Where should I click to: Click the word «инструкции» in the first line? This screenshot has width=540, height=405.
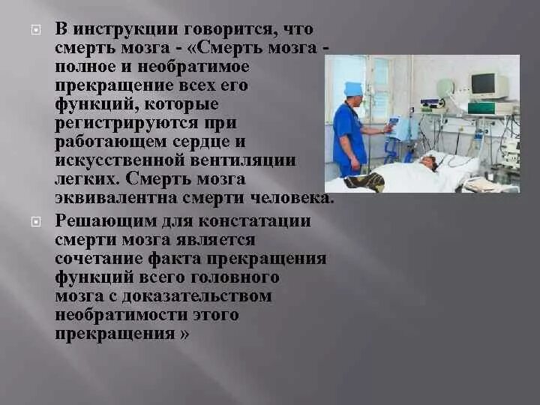[x=127, y=29]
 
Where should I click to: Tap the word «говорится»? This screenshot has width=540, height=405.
[x=237, y=29]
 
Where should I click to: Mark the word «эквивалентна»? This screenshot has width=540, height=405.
[x=111, y=198]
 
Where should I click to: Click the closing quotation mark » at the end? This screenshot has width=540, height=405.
[x=184, y=334]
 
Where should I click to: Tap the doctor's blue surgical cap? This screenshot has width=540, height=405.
[x=353, y=88]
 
